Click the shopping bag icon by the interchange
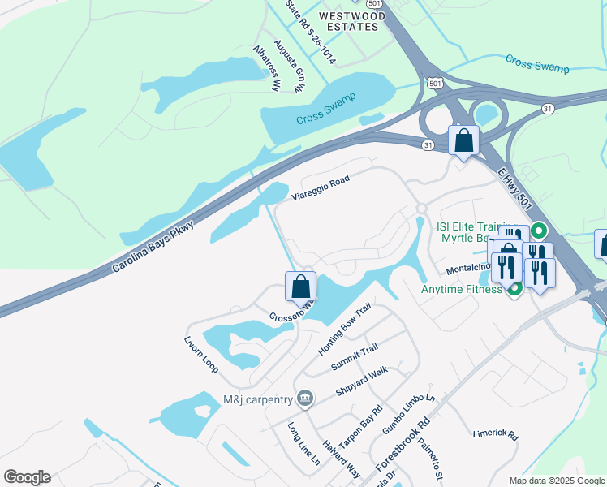pyautogui.click(x=463, y=141)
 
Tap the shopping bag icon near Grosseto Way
pyautogui.click(x=300, y=287)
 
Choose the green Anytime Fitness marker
pyautogui.click(x=513, y=288)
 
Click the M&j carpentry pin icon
pyautogui.click(x=304, y=398)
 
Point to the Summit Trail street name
pyautogui.click(x=355, y=357)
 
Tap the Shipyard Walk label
pyautogui.click(x=362, y=382)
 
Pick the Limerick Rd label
pyautogui.click(x=495, y=434)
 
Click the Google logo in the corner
pyautogui.click(x=27, y=477)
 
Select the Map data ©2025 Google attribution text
pyautogui.click(x=556, y=481)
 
